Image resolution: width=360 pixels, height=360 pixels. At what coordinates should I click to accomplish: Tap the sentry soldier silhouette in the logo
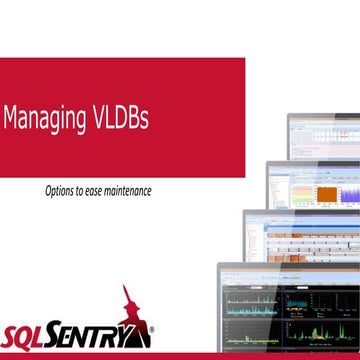click(128, 304)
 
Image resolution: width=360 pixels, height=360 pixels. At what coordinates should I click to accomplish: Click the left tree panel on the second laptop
click(277, 190)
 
